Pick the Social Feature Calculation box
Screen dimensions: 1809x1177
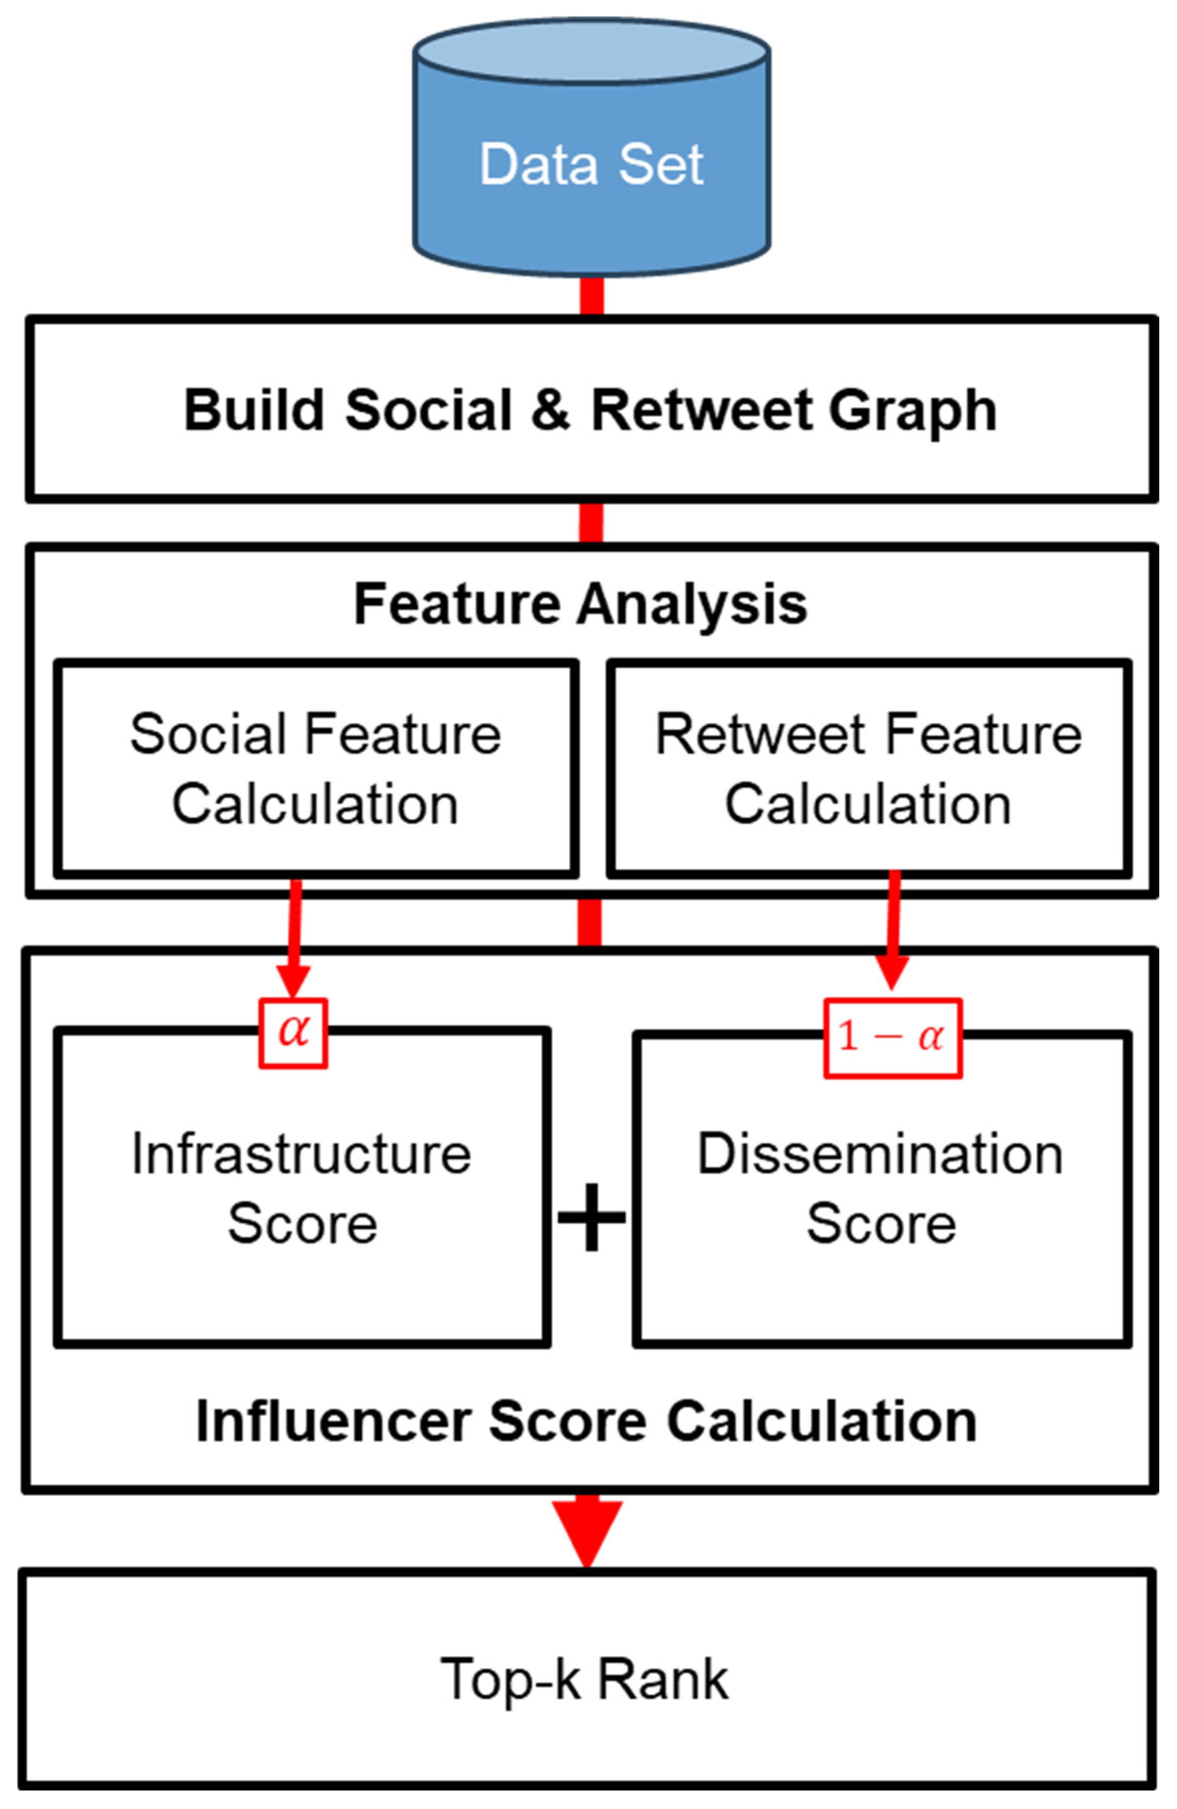315,768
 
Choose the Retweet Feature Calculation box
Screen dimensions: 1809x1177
869,768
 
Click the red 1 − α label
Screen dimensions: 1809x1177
892,1037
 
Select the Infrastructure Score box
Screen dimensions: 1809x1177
302,1189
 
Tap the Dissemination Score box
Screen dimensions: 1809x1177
881,1189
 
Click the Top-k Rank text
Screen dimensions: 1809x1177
584,1679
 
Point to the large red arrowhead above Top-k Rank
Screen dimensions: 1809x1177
586,1529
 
